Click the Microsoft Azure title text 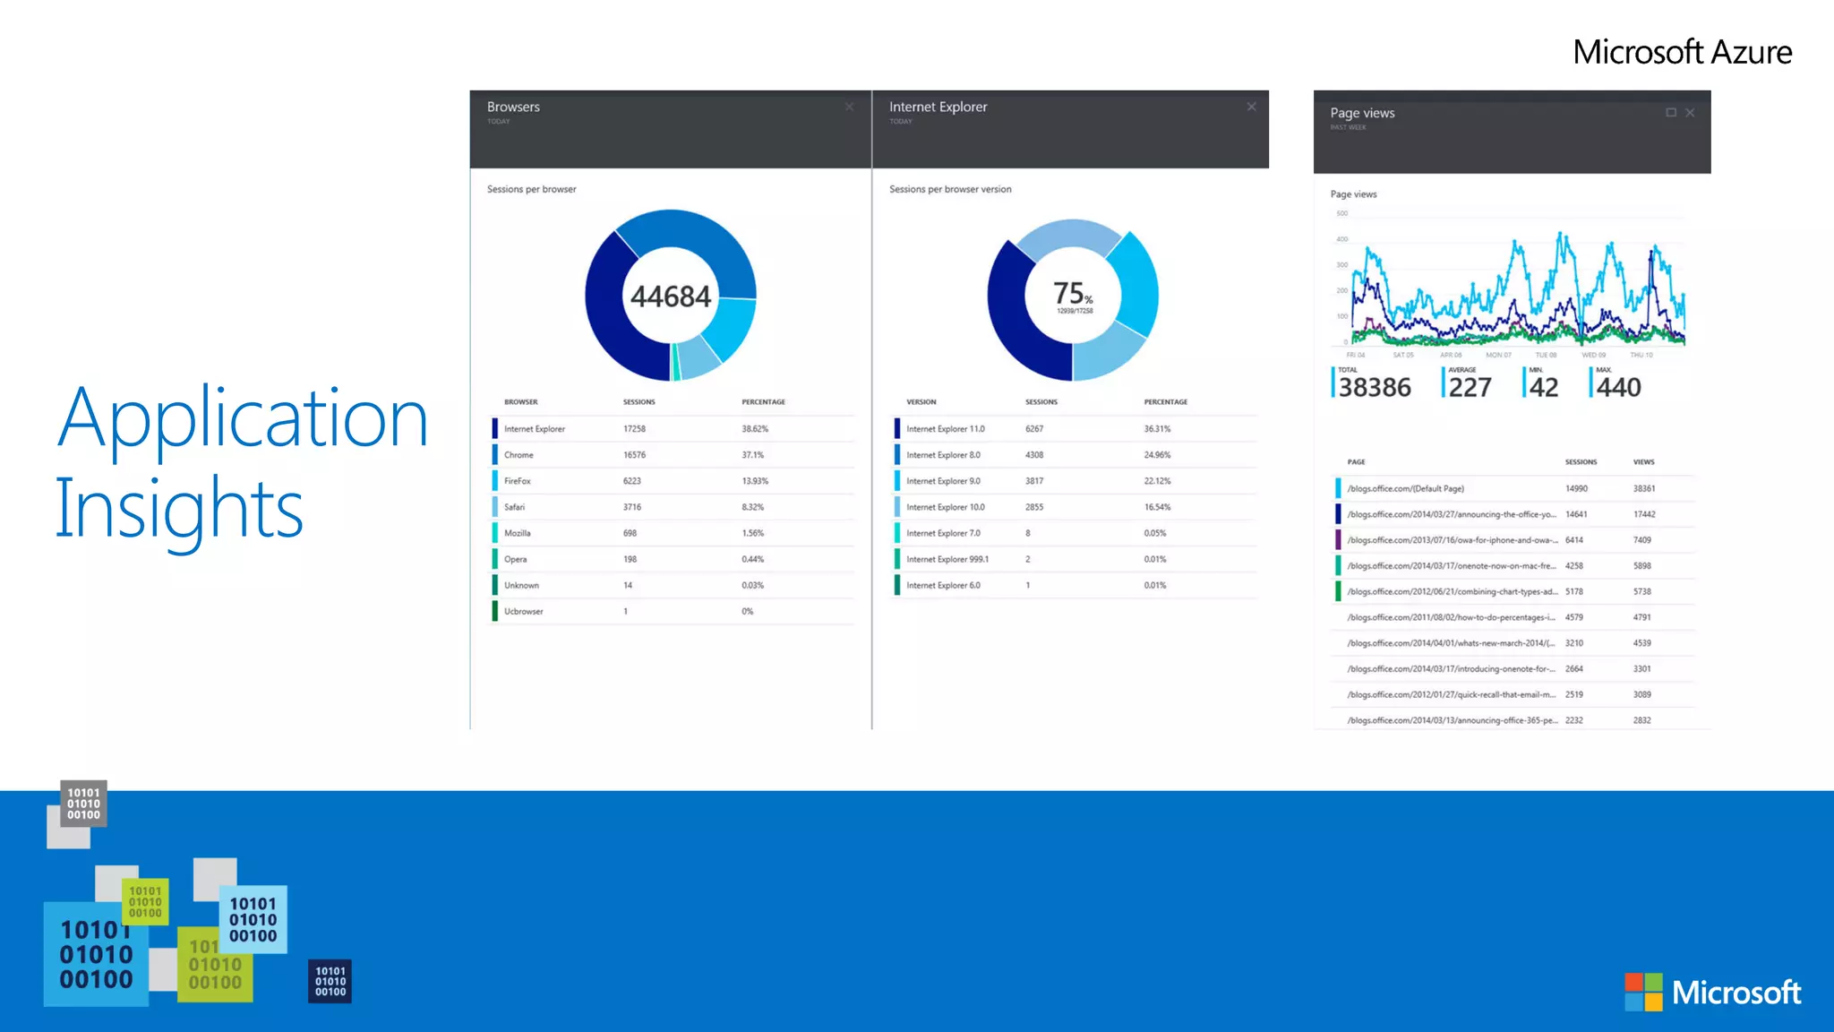[x=1682, y=52]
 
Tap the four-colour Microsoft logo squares [x=1643, y=992]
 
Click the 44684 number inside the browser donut [x=670, y=297]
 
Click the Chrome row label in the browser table [x=518, y=455]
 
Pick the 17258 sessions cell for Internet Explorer [x=634, y=429]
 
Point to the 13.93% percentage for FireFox [x=755, y=481]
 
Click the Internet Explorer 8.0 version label [x=943, y=455]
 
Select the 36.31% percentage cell [x=1157, y=429]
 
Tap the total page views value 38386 [x=1375, y=388]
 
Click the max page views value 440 [x=1619, y=388]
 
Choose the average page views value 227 [x=1470, y=388]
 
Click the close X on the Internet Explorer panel [x=1251, y=107]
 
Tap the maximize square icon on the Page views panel [x=1671, y=113]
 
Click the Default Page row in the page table [x=1405, y=489]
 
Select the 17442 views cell [x=1644, y=515]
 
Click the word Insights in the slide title [x=179, y=509]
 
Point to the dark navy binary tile [x=330, y=982]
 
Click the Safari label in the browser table [x=514, y=507]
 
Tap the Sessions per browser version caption [x=950, y=189]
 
